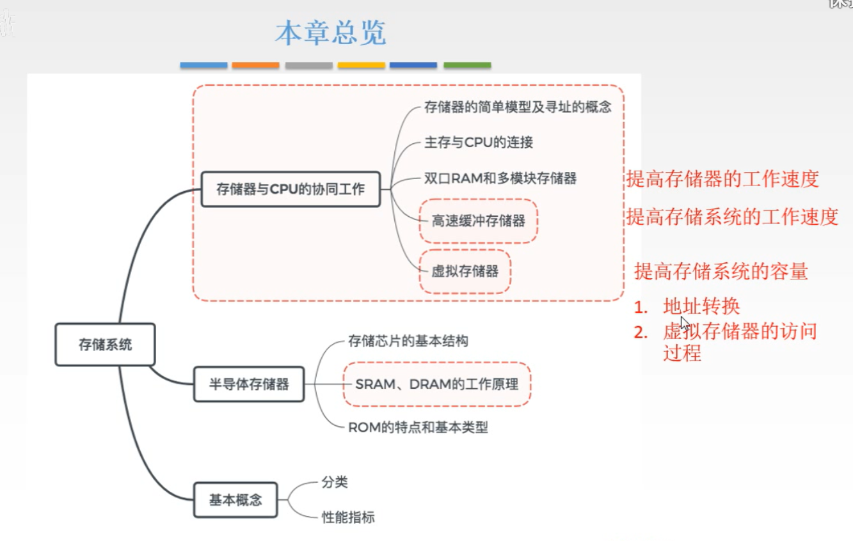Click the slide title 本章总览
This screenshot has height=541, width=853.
[x=331, y=33]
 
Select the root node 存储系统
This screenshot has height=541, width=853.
[x=105, y=345]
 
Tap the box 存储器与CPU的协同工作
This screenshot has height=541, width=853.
[x=291, y=189]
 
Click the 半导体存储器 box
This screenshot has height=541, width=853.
[x=249, y=384]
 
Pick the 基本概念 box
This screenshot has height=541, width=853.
[x=235, y=500]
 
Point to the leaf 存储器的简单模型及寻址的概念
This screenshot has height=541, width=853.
[x=518, y=107]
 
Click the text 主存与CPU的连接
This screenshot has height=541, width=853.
[x=478, y=143]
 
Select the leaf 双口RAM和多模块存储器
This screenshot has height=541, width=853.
[x=500, y=178]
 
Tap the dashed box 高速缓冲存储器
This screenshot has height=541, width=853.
[x=478, y=221]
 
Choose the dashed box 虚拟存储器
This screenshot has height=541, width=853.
[x=465, y=271]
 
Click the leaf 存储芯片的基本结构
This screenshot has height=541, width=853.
[x=408, y=341]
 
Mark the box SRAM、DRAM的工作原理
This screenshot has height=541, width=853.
[x=436, y=384]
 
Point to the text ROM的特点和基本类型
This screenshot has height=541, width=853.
[x=418, y=427]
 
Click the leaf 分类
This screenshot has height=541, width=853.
[x=335, y=482]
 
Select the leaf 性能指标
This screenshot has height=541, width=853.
[x=348, y=517]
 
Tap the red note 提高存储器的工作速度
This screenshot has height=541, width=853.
[x=722, y=180]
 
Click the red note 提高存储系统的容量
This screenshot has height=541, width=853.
[x=721, y=272]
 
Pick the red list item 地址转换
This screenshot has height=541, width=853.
[x=701, y=307]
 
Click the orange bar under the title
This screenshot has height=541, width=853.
[x=255, y=65]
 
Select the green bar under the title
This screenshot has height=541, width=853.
[x=467, y=65]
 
